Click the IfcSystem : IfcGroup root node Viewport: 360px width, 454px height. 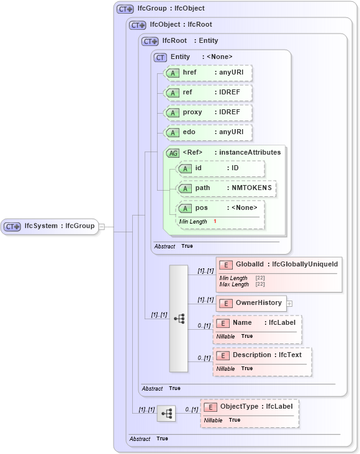[50, 226]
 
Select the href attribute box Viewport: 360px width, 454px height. [207, 73]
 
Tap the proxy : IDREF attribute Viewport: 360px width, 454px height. [207, 112]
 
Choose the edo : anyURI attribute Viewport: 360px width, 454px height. [207, 132]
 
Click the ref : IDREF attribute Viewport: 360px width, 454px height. [207, 93]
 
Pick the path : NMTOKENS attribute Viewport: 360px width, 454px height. [227, 188]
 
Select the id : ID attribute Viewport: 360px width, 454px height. [220, 168]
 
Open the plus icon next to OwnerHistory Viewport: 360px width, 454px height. [289, 304]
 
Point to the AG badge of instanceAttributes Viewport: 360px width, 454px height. [173, 153]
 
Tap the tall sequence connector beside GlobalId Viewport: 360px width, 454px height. [179, 318]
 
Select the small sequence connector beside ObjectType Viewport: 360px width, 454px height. [166, 413]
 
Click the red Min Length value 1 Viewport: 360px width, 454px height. [215, 222]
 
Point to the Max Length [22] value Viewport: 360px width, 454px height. [261, 284]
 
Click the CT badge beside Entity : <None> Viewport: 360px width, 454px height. [160, 57]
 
